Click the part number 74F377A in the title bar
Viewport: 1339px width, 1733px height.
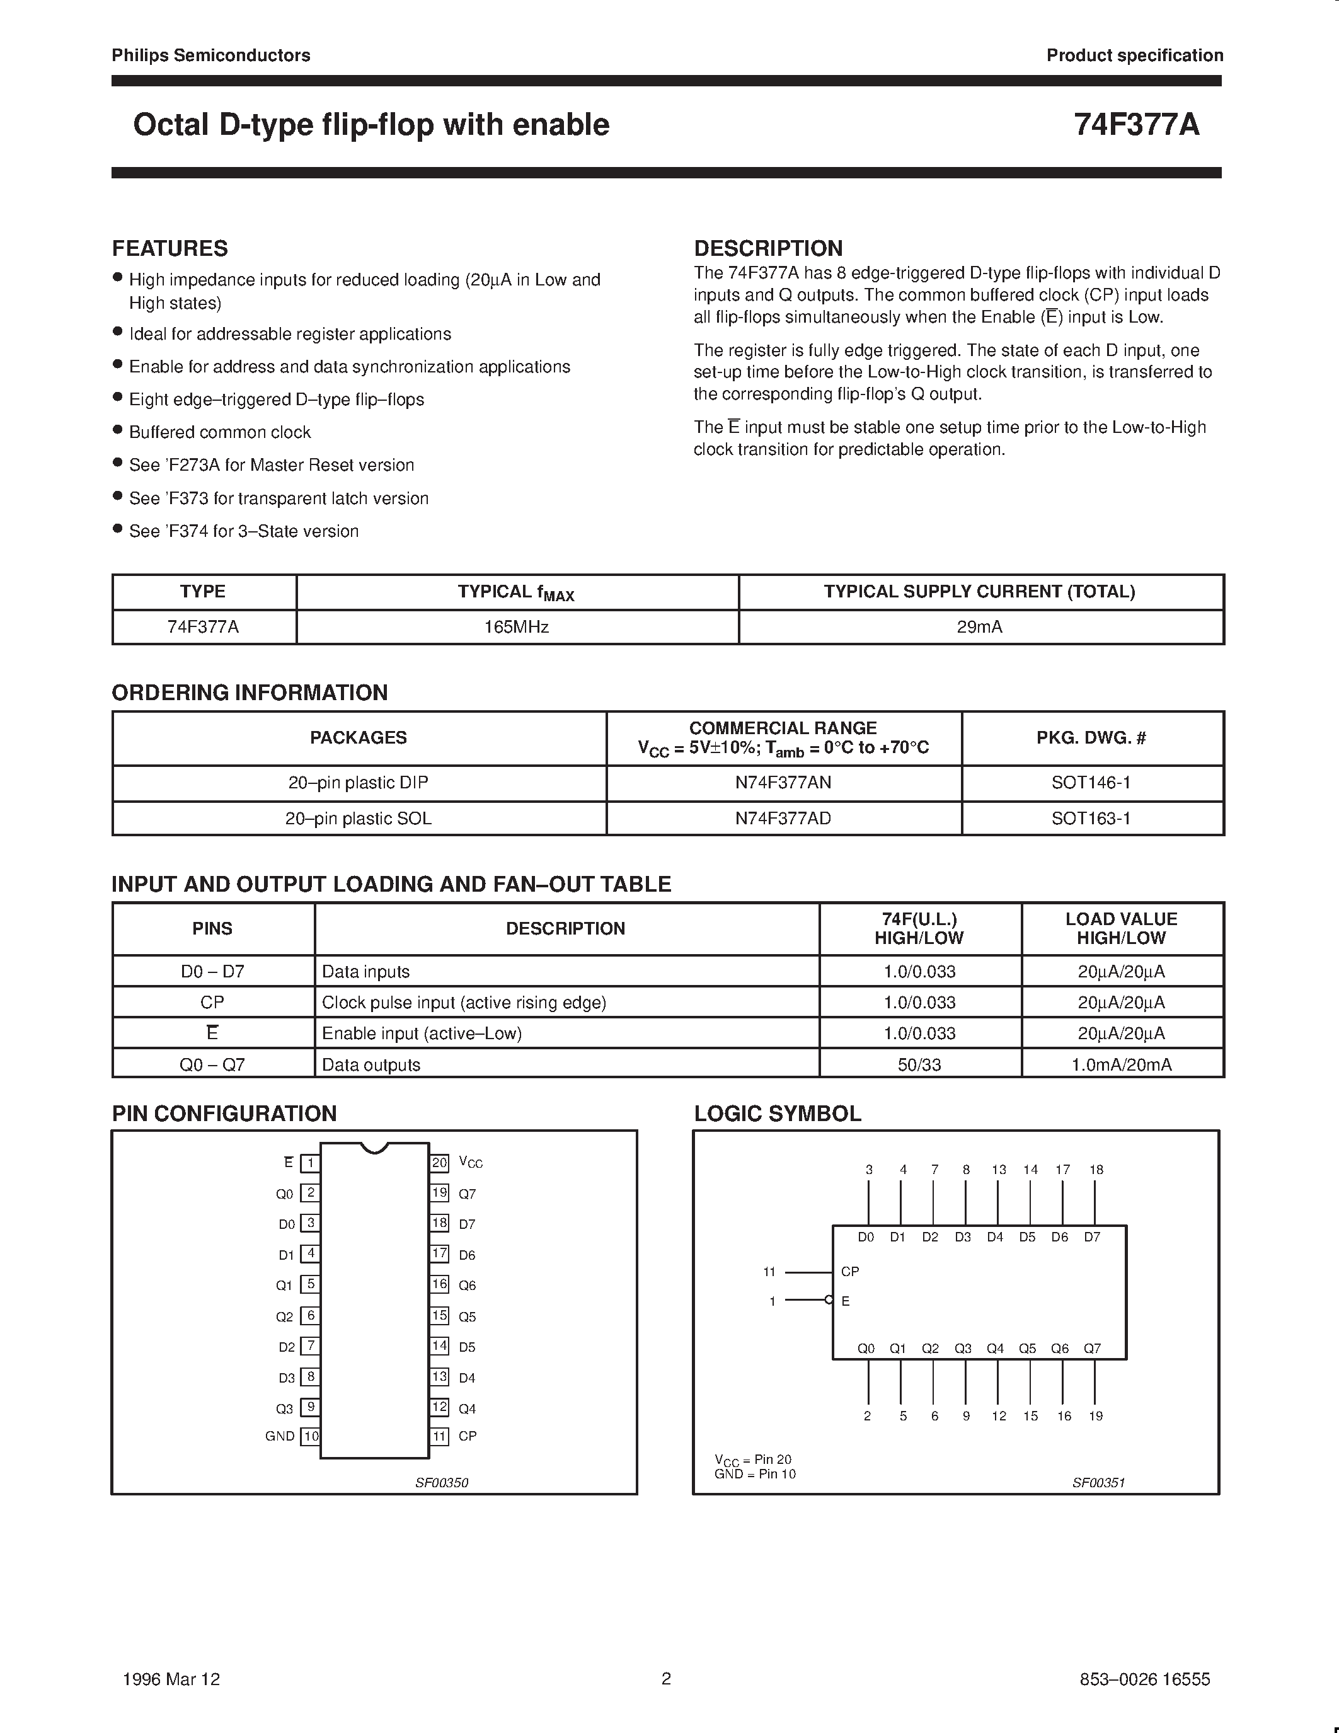pos(1136,125)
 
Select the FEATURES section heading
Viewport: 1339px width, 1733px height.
pos(170,248)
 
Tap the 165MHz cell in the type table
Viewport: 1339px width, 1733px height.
pos(517,627)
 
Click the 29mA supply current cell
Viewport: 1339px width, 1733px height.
pos(980,627)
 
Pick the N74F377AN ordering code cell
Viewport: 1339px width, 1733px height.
pos(783,783)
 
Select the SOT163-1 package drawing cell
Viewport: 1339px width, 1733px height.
pos(1091,818)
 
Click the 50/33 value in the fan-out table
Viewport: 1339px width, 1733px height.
pos(919,1064)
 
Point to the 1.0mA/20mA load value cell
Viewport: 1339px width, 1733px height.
pos(1121,1064)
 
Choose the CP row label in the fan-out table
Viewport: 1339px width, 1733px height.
pos(212,1002)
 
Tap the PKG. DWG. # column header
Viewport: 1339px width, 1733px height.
pos(1091,738)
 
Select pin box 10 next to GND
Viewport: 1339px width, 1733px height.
pos(311,1436)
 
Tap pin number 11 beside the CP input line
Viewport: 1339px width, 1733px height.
pos(769,1272)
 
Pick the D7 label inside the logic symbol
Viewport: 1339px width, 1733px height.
pos(1092,1237)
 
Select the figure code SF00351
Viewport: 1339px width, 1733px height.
pos(1099,1482)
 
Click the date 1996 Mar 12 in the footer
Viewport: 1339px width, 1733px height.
pos(171,1678)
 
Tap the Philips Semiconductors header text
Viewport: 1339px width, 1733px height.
pos(211,55)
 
